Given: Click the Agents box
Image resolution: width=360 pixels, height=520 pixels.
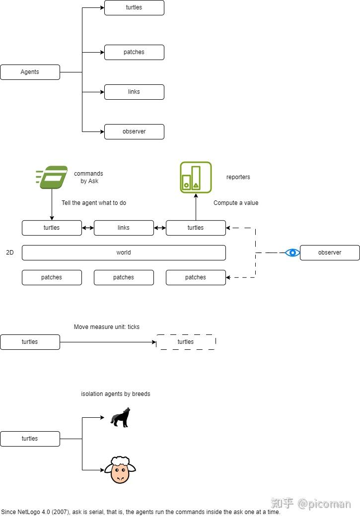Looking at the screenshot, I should point(30,72).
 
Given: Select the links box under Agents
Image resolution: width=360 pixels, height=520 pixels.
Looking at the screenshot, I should point(134,92).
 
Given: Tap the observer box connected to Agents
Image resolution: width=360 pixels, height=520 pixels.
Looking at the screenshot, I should point(134,131).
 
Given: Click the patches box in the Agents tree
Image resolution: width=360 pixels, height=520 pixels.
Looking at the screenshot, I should point(134,52).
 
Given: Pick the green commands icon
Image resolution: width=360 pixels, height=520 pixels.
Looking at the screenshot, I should point(52,177).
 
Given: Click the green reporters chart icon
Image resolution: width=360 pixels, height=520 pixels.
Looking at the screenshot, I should point(196,177).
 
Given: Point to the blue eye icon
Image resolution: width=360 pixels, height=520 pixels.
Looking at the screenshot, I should point(292,253).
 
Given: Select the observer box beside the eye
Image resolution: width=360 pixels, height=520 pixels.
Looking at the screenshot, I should point(330,253).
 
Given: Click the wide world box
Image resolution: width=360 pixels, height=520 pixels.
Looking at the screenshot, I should point(124,253).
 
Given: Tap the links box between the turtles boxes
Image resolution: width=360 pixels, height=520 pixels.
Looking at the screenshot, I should point(124,228).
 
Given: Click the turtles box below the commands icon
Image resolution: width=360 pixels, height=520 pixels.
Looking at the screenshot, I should point(52,228).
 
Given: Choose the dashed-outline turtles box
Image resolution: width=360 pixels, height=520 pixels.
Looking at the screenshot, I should point(186,342).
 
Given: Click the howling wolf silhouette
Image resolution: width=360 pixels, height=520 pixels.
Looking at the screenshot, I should point(120,418).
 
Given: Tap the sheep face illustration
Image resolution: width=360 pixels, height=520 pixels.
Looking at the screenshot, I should point(120,470).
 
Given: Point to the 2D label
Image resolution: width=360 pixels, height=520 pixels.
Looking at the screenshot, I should point(10,253).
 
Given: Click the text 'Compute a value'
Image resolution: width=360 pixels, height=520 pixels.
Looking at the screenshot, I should point(236,203).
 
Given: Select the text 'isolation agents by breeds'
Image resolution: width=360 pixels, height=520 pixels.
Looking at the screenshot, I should point(116,394).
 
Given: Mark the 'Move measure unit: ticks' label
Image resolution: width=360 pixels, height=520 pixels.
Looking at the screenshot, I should point(107,327).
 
